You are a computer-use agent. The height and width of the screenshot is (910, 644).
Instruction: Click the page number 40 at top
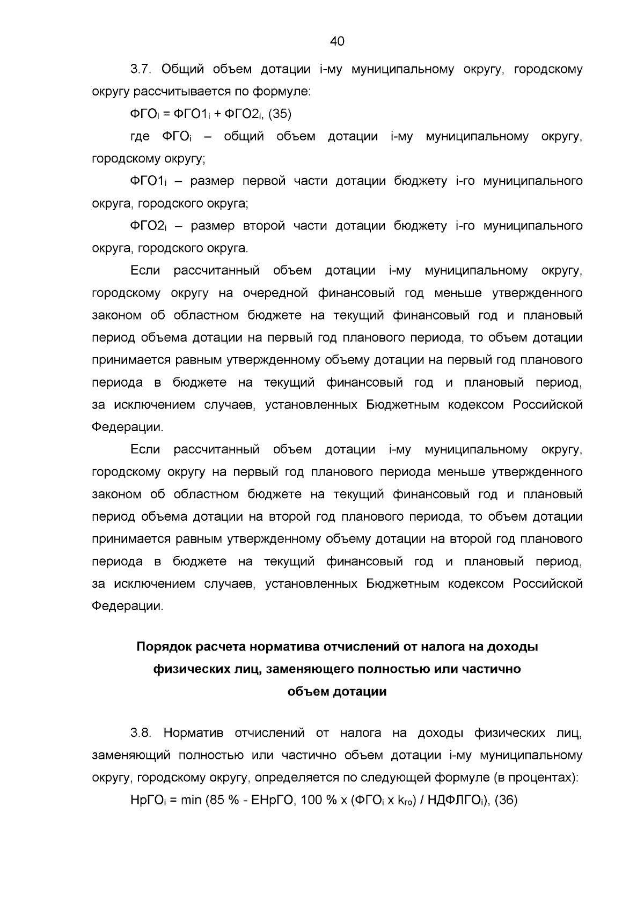point(337,41)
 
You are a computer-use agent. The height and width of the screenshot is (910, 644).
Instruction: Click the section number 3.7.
point(141,69)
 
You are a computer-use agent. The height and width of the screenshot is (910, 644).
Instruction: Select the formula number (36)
point(506,800)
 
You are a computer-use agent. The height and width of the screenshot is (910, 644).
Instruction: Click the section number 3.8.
point(141,733)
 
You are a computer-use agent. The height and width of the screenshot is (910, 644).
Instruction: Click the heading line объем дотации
point(337,692)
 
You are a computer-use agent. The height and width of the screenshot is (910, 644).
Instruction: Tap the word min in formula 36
point(191,800)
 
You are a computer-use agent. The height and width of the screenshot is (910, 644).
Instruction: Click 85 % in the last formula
point(221,800)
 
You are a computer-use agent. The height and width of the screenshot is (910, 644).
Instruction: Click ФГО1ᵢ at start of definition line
point(149,181)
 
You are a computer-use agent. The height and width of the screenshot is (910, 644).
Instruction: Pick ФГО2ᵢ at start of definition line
point(149,226)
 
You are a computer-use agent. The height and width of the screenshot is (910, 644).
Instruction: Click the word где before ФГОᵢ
point(140,137)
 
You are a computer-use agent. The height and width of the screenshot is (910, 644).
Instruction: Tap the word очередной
point(275,293)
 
